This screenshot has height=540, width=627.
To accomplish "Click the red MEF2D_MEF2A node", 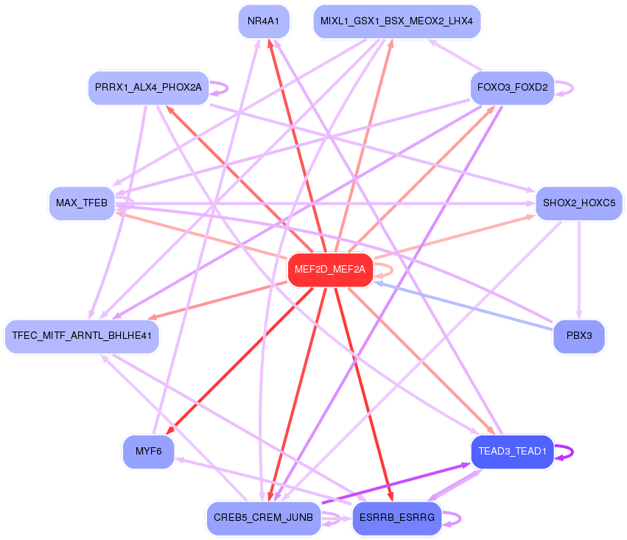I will pyautogui.click(x=329, y=270).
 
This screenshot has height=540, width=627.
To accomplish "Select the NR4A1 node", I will pyautogui.click(x=263, y=21).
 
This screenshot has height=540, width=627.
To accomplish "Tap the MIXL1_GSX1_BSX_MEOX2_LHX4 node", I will pyautogui.click(x=396, y=21).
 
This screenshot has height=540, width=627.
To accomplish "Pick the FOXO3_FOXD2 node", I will pyautogui.click(x=512, y=88).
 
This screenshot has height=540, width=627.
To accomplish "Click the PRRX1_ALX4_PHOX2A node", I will pyautogui.click(x=148, y=88).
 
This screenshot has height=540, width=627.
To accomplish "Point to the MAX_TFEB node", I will pyautogui.click(x=82, y=203).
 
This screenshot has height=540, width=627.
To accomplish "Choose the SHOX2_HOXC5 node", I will pyautogui.click(x=579, y=203).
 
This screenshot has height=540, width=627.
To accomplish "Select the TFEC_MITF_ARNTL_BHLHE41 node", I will pyautogui.click(x=82, y=336).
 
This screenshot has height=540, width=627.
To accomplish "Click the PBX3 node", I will pyautogui.click(x=578, y=336).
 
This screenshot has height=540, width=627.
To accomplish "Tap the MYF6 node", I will pyautogui.click(x=148, y=451).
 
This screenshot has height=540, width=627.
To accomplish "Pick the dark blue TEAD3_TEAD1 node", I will pyautogui.click(x=512, y=451).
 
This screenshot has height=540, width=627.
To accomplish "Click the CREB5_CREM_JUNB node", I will pyautogui.click(x=263, y=518).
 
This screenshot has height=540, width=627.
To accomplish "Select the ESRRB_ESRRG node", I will pyautogui.click(x=396, y=518).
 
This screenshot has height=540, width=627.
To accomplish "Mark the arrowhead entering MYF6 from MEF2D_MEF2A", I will pyautogui.click(x=169, y=432).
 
